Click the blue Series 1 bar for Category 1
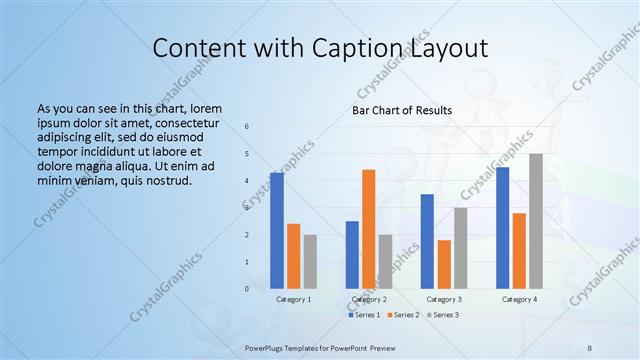(x=277, y=230)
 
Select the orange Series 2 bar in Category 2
(x=368, y=229)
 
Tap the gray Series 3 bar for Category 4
(x=536, y=221)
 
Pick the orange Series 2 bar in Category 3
(x=444, y=264)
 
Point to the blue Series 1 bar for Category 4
(x=502, y=227)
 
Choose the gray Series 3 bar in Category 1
(x=310, y=261)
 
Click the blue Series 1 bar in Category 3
(x=427, y=241)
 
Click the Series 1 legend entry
(x=364, y=315)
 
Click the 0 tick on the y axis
(x=247, y=289)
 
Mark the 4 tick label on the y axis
(x=247, y=181)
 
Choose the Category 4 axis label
(x=519, y=299)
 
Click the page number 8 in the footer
(x=590, y=347)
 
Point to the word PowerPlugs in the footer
(x=265, y=347)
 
